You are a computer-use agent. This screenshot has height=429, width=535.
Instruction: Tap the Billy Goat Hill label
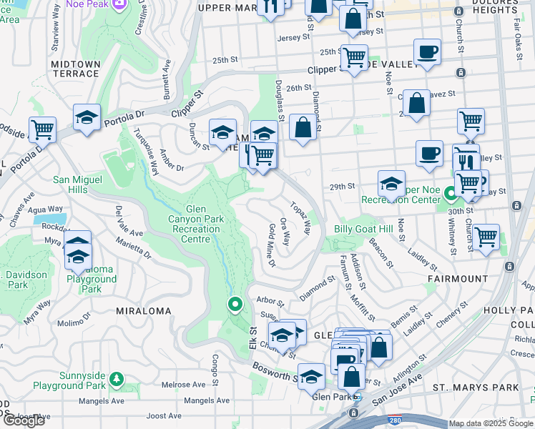click(x=363, y=229)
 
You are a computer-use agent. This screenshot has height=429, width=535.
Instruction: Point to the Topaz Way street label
click(x=300, y=218)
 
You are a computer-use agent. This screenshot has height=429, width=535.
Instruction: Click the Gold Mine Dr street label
click(x=272, y=245)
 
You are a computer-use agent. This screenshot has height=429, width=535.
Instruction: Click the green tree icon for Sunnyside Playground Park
click(x=117, y=377)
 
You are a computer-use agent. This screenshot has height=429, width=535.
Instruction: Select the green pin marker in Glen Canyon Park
click(x=235, y=305)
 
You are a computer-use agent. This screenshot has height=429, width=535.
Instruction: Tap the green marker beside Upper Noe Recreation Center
click(x=451, y=194)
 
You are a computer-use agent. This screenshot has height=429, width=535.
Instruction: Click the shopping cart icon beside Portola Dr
click(x=42, y=129)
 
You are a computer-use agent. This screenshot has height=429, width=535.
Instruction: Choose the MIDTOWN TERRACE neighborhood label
click(x=75, y=69)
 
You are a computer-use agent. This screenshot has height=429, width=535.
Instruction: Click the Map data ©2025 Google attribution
click(x=491, y=423)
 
